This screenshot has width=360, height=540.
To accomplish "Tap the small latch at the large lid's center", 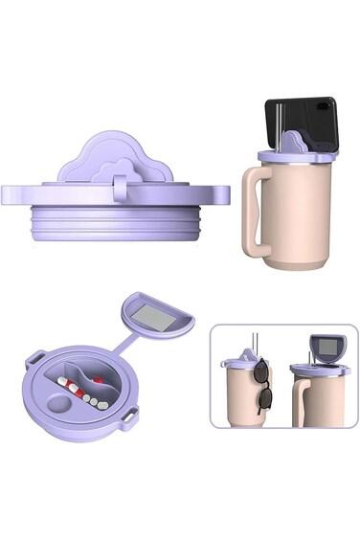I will (x=121, y=181).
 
